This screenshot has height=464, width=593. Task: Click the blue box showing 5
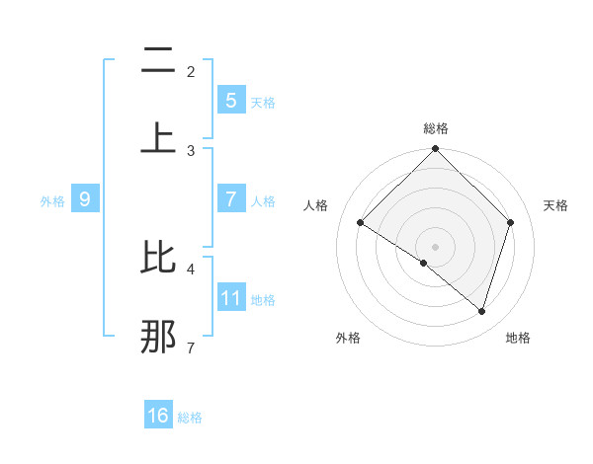pos(230,100)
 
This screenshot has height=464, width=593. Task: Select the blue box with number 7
pos(230,198)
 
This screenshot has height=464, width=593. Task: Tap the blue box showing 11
pos(230,296)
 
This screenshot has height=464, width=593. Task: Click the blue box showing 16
pos(158,416)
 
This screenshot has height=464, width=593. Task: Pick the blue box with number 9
pos(85,199)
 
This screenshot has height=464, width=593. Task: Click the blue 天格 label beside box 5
pos(263,102)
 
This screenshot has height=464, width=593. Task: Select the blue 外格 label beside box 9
pos(52,200)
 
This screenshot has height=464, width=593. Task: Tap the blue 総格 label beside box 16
pos(190,418)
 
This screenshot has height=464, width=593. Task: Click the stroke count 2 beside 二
pos(191,71)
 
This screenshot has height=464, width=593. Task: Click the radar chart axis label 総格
pos(436,128)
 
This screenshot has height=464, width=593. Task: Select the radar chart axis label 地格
pos(518,338)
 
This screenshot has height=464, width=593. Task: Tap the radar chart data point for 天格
pos(511,222)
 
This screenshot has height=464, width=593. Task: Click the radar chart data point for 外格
pos(424,263)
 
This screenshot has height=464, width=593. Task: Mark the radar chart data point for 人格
pos(361,222)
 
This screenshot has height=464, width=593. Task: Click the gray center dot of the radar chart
pos(436,246)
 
